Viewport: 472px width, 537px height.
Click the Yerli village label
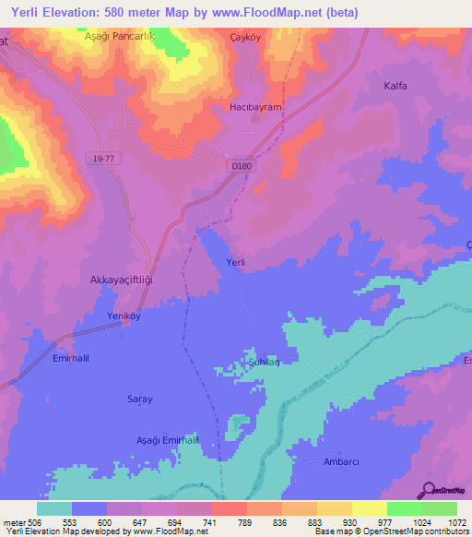coord(236,263)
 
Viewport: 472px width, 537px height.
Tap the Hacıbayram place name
coord(254,108)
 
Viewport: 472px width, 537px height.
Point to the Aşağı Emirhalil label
coord(167,440)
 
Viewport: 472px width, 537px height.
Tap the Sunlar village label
coord(264,364)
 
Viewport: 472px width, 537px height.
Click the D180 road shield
coord(242,165)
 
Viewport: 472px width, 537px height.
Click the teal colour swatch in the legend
coord(54,508)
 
